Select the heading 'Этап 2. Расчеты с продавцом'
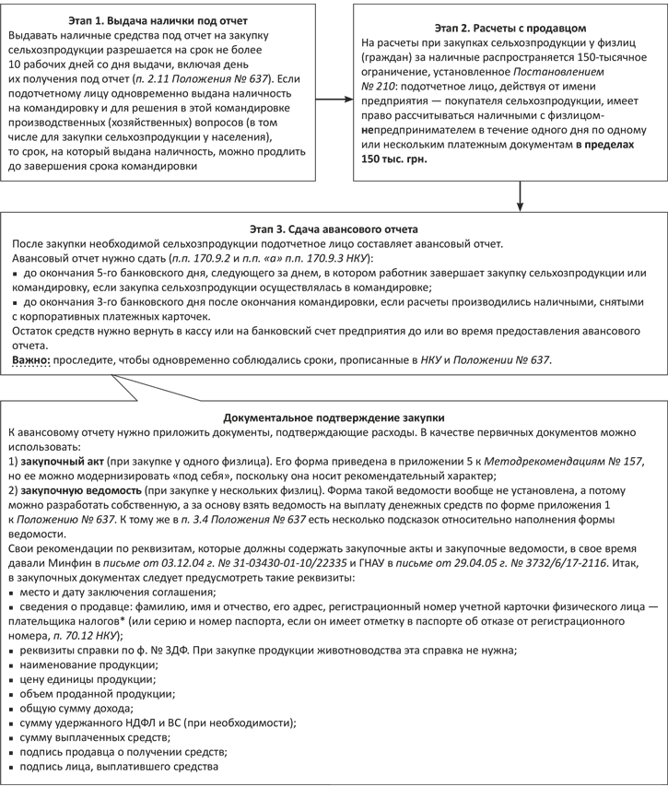pyautogui.click(x=506, y=26)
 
